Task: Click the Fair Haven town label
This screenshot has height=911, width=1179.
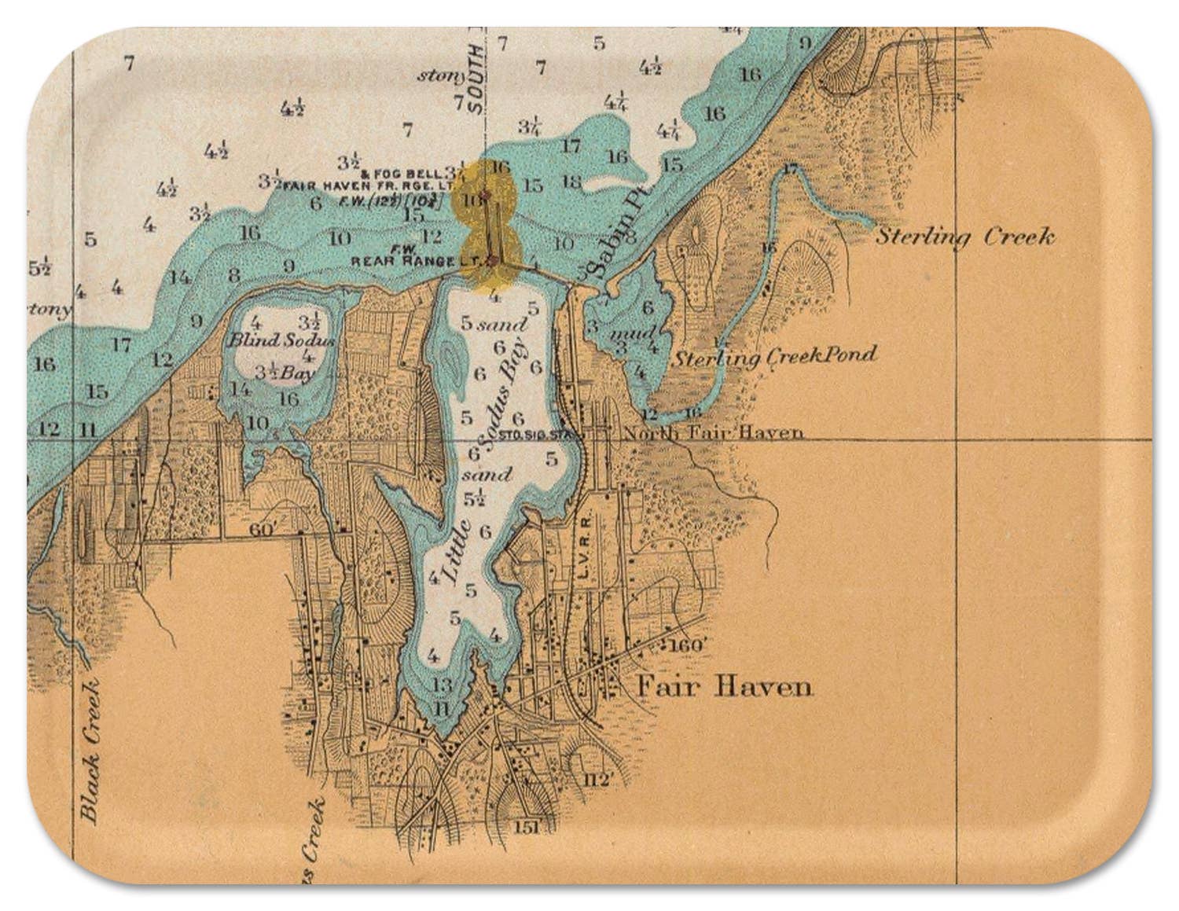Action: point(723,687)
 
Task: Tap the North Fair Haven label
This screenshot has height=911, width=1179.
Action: point(713,432)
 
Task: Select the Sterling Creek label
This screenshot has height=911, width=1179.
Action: point(965,237)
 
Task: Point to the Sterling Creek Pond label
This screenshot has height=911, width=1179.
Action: point(774,356)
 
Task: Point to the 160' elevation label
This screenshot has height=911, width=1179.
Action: point(690,645)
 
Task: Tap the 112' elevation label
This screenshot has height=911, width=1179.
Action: point(597,780)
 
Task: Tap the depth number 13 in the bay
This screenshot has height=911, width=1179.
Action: point(443,684)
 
